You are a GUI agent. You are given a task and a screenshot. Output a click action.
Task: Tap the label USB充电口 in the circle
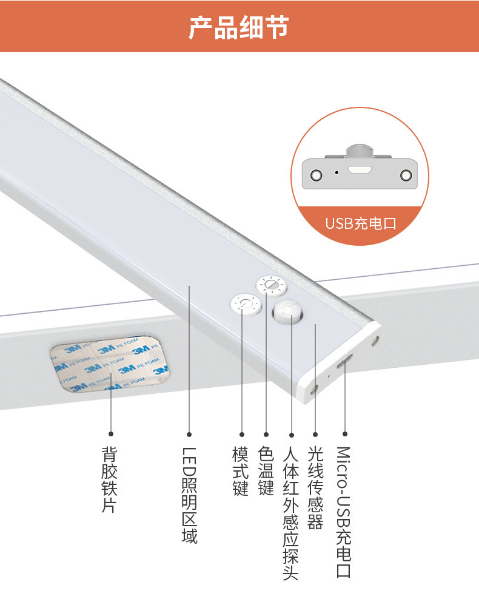360,223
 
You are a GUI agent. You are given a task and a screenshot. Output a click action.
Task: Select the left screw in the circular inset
315,175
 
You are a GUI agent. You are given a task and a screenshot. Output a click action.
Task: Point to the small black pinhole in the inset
337,172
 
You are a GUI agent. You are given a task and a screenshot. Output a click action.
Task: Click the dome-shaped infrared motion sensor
286,312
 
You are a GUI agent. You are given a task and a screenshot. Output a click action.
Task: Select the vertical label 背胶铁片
110,479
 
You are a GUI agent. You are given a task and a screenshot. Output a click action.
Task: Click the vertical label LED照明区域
189,495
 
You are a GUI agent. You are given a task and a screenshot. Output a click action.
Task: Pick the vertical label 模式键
241,472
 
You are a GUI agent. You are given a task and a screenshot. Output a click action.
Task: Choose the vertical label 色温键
266,472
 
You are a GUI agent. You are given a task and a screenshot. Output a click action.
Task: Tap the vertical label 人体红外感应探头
291,513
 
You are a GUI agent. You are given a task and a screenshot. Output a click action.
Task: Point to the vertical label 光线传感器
315,488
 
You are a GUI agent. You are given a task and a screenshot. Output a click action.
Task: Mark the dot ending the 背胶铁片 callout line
110,434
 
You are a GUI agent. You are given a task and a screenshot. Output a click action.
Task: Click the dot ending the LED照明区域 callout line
189,434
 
